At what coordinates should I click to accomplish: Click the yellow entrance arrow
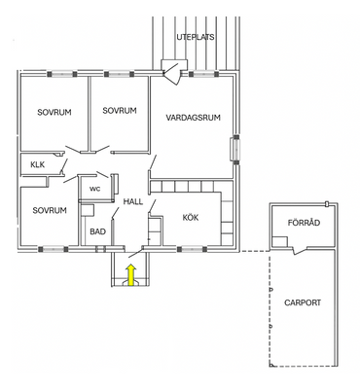click(130, 274)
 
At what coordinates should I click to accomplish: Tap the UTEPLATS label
click(196, 37)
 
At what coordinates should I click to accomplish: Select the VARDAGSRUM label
click(194, 118)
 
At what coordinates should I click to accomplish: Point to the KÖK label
click(191, 217)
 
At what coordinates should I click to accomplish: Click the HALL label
click(133, 201)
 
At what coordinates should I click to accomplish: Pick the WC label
click(95, 189)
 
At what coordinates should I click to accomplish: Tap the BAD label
click(97, 231)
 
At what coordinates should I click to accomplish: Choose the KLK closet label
click(38, 164)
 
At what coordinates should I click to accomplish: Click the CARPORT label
click(303, 302)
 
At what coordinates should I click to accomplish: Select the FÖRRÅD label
click(304, 223)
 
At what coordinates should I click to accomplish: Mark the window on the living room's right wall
click(235, 149)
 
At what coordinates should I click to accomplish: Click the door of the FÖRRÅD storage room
click(300, 250)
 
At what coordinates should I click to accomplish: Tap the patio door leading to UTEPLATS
click(171, 74)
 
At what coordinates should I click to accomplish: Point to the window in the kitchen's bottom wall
click(192, 249)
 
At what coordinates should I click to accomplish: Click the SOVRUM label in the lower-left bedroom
click(50, 210)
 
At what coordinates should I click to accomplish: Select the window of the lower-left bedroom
click(54, 249)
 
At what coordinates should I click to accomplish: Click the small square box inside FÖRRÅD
click(279, 242)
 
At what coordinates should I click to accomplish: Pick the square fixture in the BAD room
click(87, 210)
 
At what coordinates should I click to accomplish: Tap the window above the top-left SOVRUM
click(61, 74)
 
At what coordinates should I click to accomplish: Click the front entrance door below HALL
click(135, 252)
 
